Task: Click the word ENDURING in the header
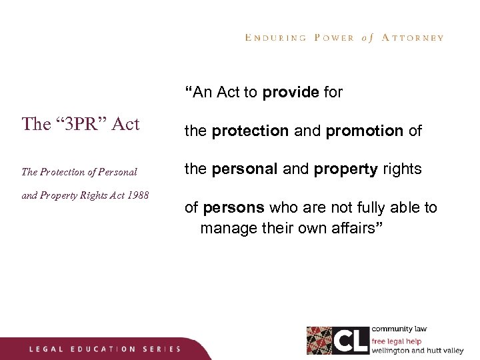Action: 275,38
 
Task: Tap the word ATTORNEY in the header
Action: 413,38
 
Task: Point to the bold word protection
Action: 250,131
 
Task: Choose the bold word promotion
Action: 365,131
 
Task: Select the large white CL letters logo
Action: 351,340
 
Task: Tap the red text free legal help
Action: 396,341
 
